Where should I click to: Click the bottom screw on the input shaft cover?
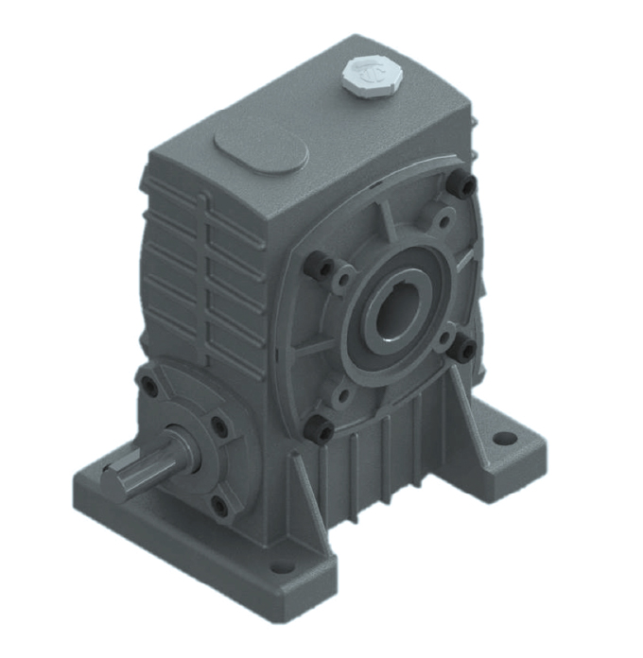pyautogui.click(x=219, y=506)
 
